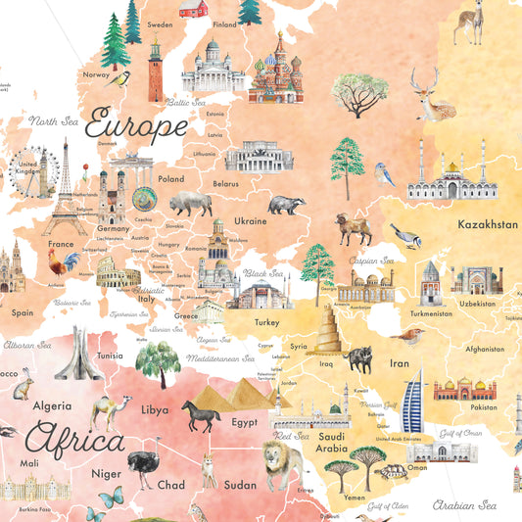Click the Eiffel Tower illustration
pyautogui.click(x=64, y=191)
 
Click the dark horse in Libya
pyautogui.click(x=201, y=416)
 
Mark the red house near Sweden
pyautogui.click(x=193, y=9)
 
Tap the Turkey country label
pyautogui.click(x=266, y=322)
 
